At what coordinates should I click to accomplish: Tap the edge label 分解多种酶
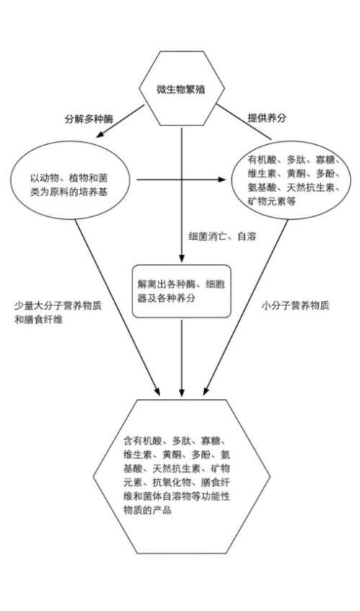89,119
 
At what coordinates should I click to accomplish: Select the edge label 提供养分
266,117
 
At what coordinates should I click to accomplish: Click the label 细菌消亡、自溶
222,236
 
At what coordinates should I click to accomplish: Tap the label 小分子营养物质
295,305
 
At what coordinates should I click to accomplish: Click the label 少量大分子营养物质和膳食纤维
58,313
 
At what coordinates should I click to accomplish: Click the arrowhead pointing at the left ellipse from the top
99,135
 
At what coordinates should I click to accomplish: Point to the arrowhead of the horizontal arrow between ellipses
222,179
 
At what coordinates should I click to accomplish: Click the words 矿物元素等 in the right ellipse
271,201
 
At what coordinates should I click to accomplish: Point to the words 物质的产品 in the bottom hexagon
148,510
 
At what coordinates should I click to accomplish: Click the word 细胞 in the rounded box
215,285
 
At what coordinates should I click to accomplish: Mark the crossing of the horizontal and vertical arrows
181,179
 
